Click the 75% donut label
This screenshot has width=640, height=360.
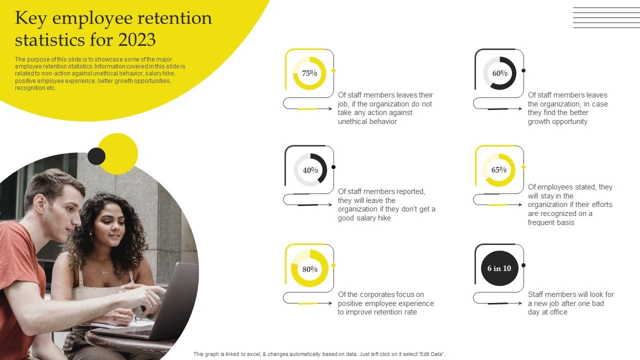pos(309,73)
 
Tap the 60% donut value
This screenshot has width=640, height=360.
pos(499,73)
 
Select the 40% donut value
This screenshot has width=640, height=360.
pos(310,170)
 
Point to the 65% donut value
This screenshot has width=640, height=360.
pos(499,169)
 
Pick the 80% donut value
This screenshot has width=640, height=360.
pos(309,269)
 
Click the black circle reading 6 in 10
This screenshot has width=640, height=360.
pos(499,268)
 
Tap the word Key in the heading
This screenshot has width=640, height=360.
pos(31,18)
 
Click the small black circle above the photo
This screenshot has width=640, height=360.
pos(96,156)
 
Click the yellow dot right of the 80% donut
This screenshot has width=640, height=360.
pos(333,265)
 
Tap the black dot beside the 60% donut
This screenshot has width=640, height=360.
pos(523,70)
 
